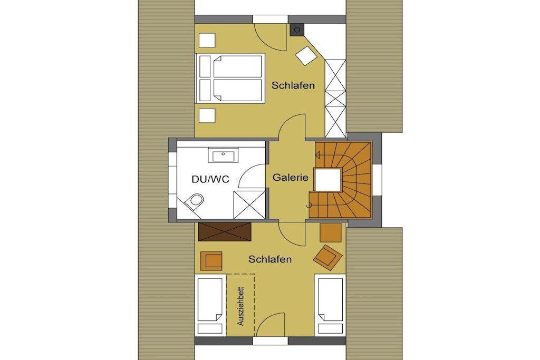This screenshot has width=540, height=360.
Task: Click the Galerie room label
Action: [291, 178]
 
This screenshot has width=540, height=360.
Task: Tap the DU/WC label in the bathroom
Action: [210, 179]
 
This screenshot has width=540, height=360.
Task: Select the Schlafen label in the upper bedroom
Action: [293, 85]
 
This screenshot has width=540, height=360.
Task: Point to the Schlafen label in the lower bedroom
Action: [270, 259]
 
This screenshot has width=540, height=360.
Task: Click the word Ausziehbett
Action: [240, 306]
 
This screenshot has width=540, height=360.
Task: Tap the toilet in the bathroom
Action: [193, 202]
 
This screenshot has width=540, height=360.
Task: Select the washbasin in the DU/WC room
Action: [223, 155]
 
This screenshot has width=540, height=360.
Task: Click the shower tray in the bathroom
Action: [249, 205]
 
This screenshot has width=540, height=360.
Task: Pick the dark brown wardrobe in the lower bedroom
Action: [225, 231]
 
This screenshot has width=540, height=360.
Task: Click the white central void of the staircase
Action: [328, 180]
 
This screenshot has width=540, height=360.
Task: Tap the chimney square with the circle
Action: [297, 30]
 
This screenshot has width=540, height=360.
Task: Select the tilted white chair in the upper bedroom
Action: [306, 55]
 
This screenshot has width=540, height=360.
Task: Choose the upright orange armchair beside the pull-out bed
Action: [211, 261]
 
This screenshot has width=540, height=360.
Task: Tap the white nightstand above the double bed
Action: [207, 40]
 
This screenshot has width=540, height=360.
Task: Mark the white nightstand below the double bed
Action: [207, 115]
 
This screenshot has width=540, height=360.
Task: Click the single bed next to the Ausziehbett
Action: [210, 305]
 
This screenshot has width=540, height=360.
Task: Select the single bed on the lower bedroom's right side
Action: [330, 305]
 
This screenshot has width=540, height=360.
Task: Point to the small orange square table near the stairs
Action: [331, 232]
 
